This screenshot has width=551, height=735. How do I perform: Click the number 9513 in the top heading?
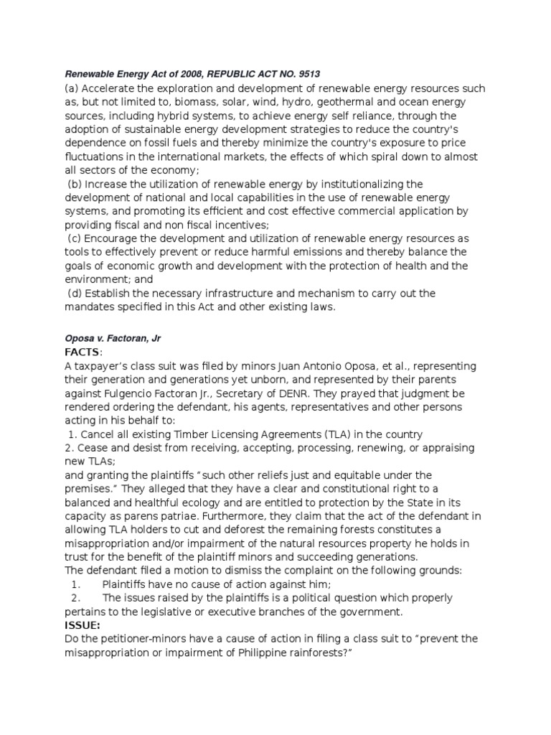pyautogui.click(x=311, y=73)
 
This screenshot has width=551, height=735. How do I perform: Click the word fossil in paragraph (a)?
pyautogui.click(x=143, y=143)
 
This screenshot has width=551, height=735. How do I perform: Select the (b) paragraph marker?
pyautogui.click(x=75, y=184)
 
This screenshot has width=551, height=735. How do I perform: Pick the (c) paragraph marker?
pyautogui.click(x=75, y=238)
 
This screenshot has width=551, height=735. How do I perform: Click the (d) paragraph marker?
pyautogui.click(x=75, y=293)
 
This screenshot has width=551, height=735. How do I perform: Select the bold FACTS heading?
pyautogui.click(x=83, y=352)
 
